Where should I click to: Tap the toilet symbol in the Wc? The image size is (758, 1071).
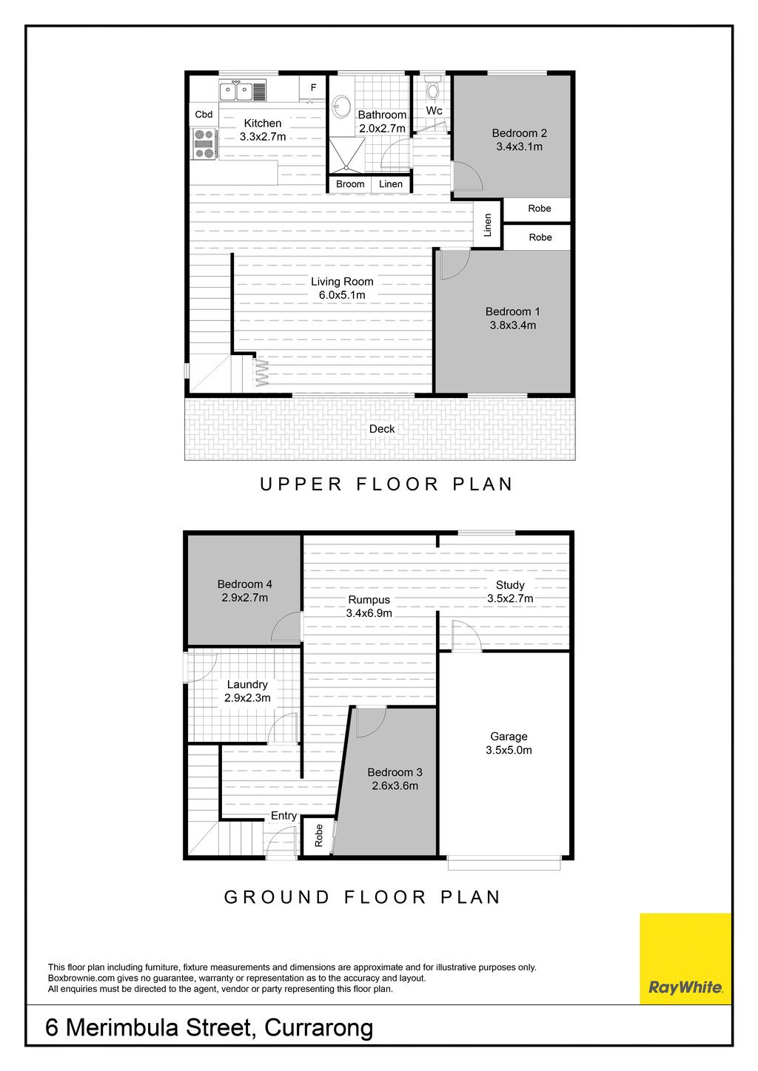(x=432, y=89)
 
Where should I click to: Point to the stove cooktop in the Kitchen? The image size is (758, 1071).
(x=204, y=144)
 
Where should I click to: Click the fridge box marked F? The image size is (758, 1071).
(x=313, y=87)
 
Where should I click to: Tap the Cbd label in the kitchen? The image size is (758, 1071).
(x=204, y=114)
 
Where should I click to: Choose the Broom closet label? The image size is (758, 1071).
(x=350, y=184)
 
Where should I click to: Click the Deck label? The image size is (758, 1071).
(x=382, y=429)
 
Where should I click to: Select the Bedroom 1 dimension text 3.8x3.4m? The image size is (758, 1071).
(x=512, y=325)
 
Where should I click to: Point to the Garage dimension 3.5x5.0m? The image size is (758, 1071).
(x=509, y=750)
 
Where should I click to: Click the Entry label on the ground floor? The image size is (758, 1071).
(x=284, y=816)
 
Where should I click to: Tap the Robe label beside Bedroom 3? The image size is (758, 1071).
(x=319, y=836)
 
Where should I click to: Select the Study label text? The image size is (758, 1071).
(x=510, y=585)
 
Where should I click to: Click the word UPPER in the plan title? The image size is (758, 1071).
(x=301, y=484)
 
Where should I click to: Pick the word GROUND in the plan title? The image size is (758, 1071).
(x=277, y=897)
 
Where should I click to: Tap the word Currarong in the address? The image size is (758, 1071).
(x=319, y=1027)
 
